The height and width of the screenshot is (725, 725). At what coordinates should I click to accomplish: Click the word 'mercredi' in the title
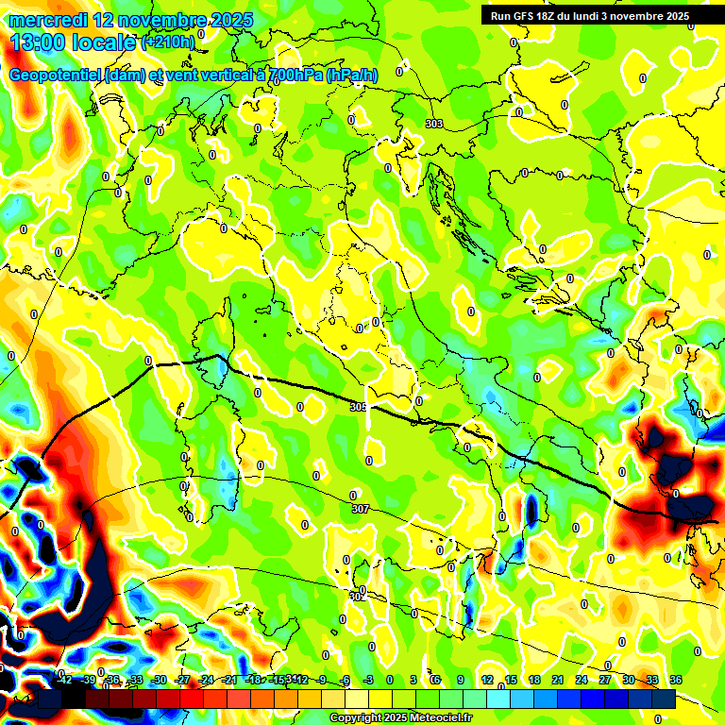49,20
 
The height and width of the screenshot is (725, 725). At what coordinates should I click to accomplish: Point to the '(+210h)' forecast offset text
167,42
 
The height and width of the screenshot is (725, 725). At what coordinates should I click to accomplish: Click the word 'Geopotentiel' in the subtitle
59,76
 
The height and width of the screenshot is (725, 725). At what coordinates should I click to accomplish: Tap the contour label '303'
434,124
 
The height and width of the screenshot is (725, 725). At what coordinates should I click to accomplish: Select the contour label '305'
358,407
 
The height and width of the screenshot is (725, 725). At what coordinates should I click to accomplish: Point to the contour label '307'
360,509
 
